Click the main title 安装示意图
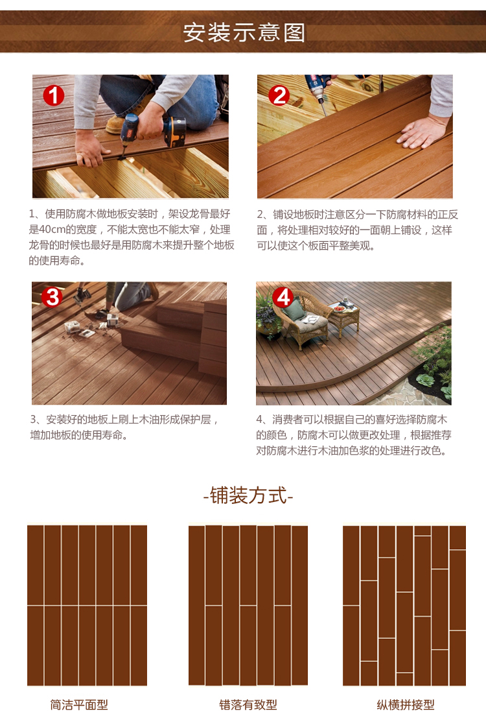(244, 32)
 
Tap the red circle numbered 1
(54, 96)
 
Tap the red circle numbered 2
(279, 96)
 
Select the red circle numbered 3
(52, 296)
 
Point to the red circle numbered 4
(283, 297)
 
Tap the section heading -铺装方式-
(248, 496)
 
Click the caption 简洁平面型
(79, 704)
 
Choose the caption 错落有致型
(248, 704)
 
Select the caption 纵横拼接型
(406, 704)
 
